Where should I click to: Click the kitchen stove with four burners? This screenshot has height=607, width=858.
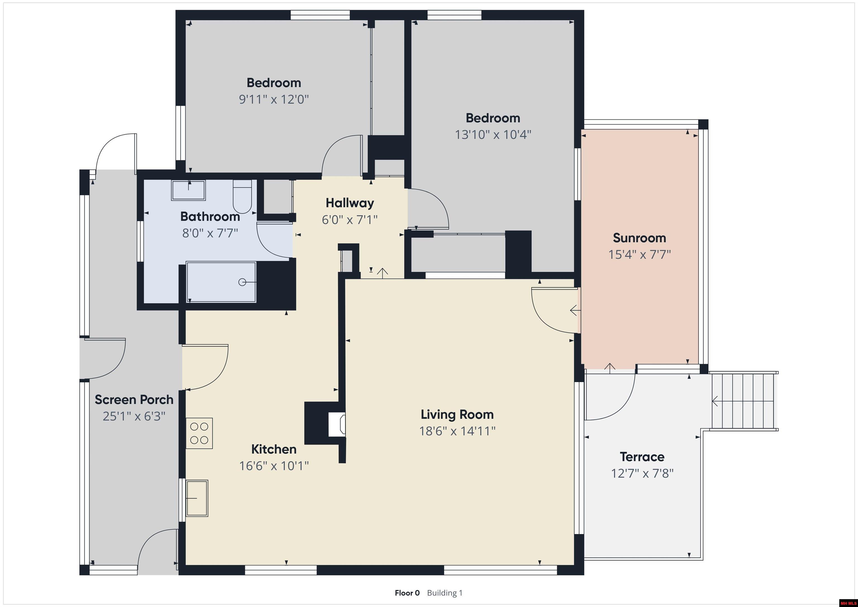point(199,433)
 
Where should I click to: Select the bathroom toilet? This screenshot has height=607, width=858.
point(242,196)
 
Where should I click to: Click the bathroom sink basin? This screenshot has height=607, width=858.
point(188,190)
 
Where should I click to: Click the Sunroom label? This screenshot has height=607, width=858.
point(639,238)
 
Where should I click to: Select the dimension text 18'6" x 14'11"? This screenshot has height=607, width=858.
point(457,431)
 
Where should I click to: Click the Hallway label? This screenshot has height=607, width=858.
point(349,203)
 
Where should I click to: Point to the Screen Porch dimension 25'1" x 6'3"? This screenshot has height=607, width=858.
point(134,416)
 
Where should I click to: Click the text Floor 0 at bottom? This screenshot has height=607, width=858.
point(407,593)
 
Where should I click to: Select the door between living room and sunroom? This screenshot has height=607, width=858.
point(553,310)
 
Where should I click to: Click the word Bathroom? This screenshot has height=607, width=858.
point(210,216)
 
